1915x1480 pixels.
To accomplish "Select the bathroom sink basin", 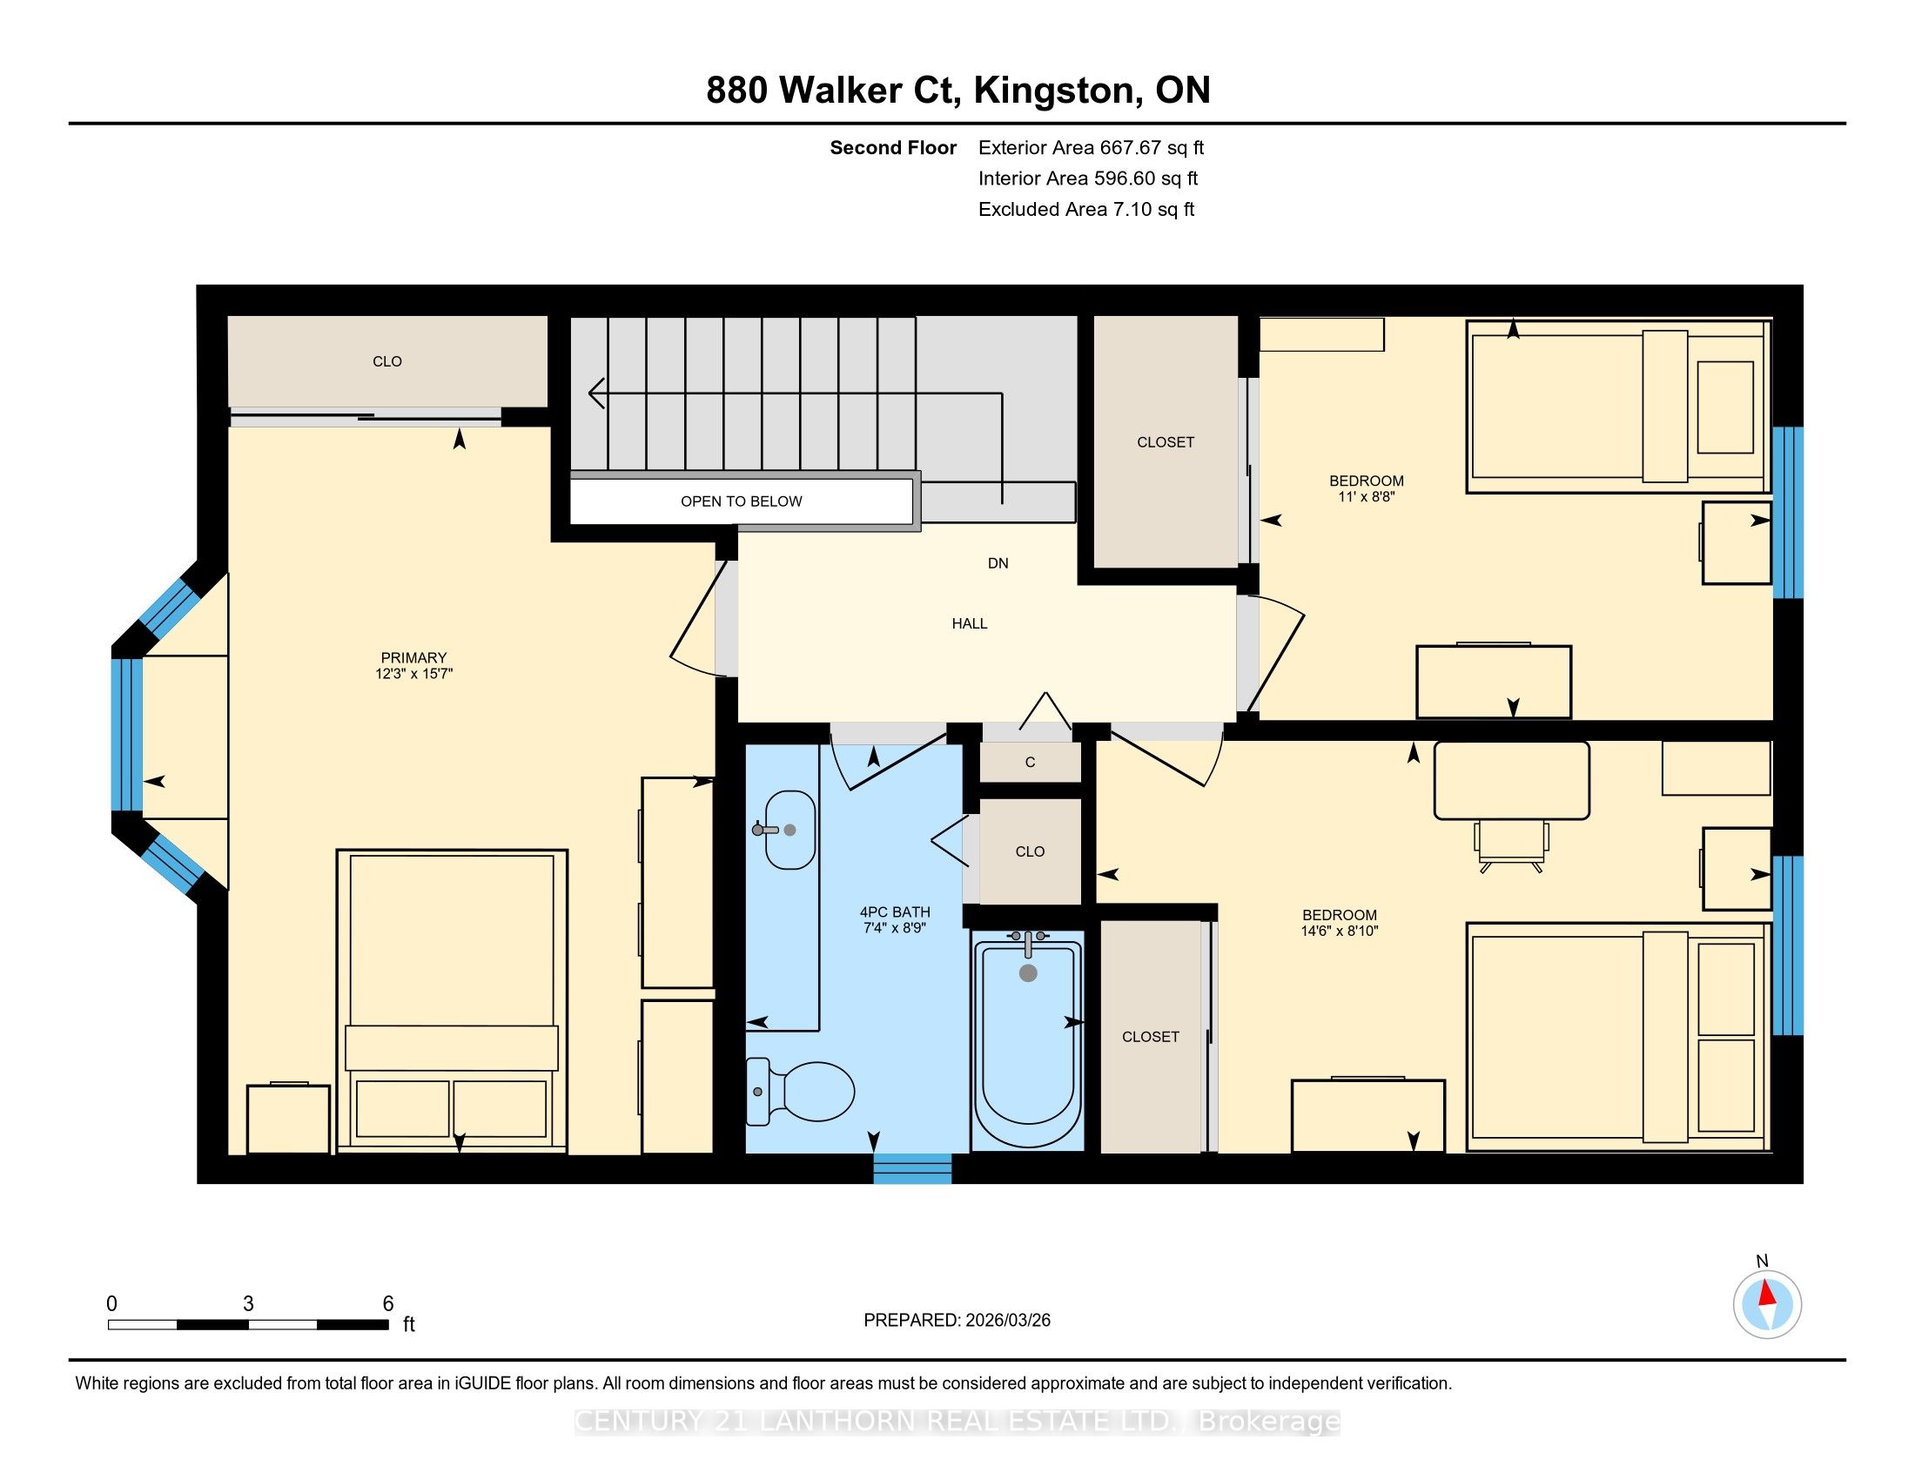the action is tap(790, 830).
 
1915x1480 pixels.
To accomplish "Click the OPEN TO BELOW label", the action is tap(741, 501).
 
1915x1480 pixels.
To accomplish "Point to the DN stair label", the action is tap(998, 564).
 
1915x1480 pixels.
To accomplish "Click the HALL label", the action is tap(970, 623).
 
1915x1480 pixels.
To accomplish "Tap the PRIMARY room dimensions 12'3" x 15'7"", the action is tap(413, 674).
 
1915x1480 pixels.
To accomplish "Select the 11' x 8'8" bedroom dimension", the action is tap(1366, 496).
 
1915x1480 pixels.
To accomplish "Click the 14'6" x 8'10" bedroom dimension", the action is tap(1340, 932).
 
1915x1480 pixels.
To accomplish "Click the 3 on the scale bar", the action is tap(248, 1304).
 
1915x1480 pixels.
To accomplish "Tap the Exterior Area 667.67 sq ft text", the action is tap(1091, 148).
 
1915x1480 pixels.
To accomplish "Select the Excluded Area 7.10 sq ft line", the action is tap(1086, 210).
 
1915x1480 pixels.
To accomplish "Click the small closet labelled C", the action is tap(1031, 762).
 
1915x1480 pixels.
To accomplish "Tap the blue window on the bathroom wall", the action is tap(912, 1168).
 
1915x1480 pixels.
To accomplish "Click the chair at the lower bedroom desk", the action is tap(1512, 847).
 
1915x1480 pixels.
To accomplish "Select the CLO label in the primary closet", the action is tap(386, 361).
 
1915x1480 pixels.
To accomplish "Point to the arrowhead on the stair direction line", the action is tap(596, 394).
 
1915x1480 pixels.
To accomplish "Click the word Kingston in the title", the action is tap(1052, 91).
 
